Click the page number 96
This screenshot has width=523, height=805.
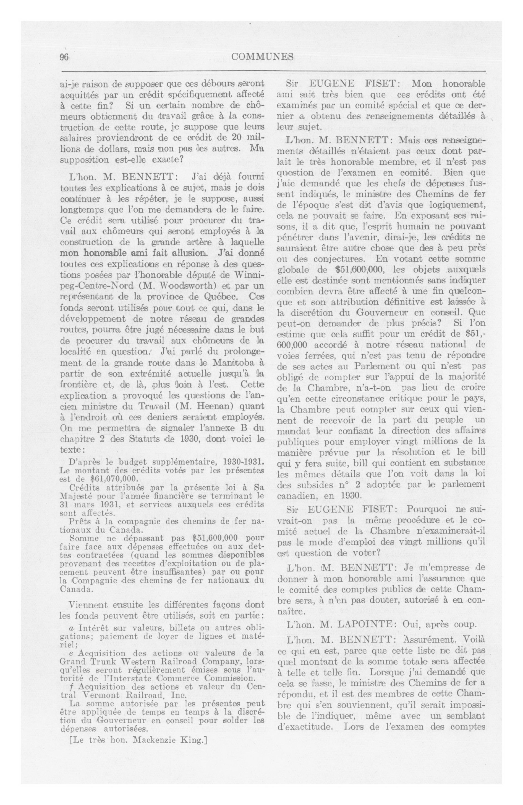[64, 57]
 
